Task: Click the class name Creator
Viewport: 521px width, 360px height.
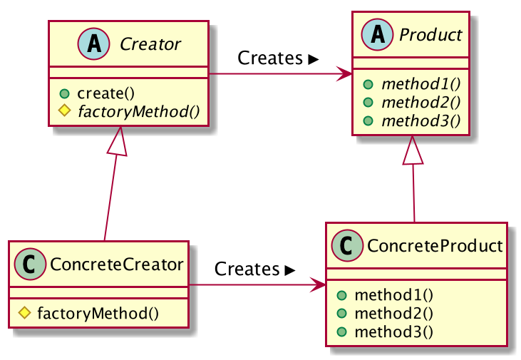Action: [150, 44]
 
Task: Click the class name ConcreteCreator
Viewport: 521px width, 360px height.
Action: [116, 264]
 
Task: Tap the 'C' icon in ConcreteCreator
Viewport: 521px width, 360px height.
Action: [31, 264]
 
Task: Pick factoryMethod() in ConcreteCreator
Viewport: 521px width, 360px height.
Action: [97, 312]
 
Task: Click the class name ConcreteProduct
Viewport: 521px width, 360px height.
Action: [433, 247]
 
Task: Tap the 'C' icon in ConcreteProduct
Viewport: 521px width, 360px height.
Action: [348, 247]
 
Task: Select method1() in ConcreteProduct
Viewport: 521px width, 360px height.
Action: [384, 295]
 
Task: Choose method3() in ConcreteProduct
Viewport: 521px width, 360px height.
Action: [384, 331]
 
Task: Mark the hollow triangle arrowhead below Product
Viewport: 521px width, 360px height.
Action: [414, 150]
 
